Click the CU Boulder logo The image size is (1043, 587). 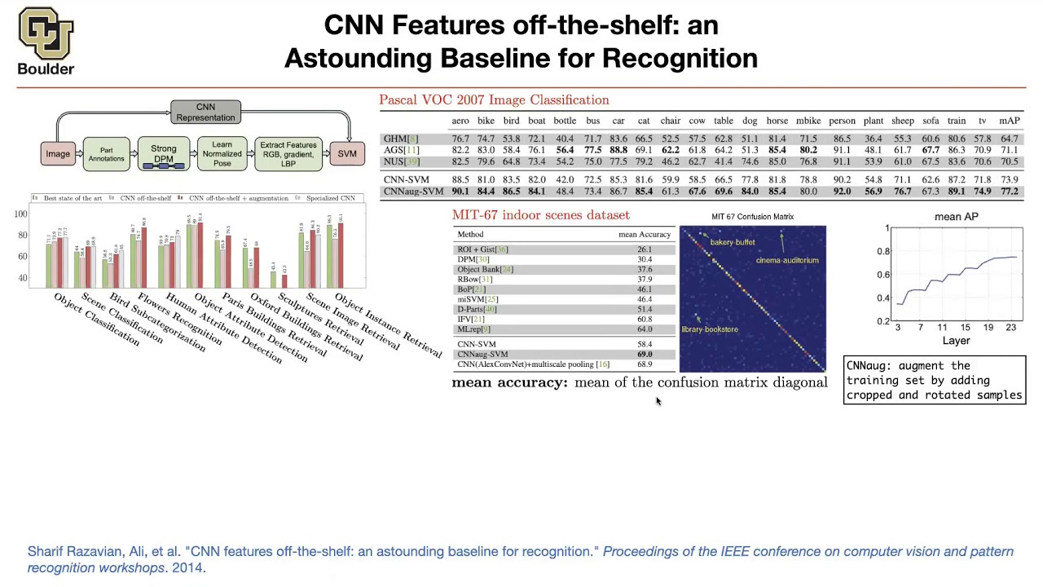click(x=46, y=41)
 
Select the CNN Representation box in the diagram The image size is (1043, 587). click(x=205, y=112)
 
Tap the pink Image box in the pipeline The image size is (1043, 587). click(x=58, y=153)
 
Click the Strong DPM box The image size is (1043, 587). click(x=163, y=154)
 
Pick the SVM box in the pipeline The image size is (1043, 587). click(x=347, y=153)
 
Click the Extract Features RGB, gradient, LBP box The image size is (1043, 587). click(x=288, y=154)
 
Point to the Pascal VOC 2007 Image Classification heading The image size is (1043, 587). click(x=494, y=99)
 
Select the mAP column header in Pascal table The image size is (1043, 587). click(x=1009, y=121)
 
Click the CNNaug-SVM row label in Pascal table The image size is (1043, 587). click(x=413, y=192)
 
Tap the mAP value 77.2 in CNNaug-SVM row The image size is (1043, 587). click(x=1009, y=192)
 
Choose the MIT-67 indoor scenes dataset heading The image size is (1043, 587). click(x=540, y=215)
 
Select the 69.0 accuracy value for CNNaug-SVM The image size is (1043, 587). click(x=644, y=355)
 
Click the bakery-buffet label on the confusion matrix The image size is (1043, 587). click(x=732, y=242)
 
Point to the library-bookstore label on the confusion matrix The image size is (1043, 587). click(x=710, y=329)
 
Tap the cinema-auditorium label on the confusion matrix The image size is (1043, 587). click(x=787, y=260)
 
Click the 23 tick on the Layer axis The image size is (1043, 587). click(x=1010, y=327)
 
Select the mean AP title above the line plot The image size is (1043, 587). click(x=956, y=217)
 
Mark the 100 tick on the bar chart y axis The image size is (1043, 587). click(x=20, y=214)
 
